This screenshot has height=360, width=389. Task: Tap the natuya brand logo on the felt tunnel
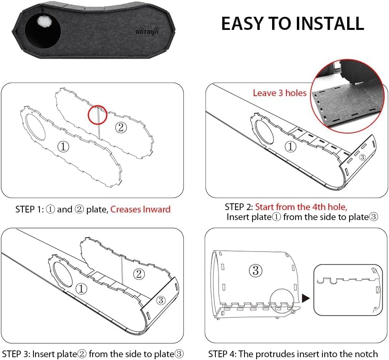tap(147, 31)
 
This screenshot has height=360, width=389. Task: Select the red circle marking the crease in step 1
tap(98, 114)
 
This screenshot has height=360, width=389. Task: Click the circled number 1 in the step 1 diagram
tap(63, 147)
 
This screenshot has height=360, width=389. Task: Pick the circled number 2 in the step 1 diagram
tap(121, 128)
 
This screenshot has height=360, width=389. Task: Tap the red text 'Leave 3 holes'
tap(280, 93)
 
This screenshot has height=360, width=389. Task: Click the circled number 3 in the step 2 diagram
tap(362, 157)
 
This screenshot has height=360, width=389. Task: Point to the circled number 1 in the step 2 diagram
tap(290, 147)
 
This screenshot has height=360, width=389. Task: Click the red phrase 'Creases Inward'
tap(140, 209)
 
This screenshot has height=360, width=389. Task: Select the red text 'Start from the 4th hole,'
tap(301, 207)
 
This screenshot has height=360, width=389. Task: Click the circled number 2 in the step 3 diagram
tap(139, 274)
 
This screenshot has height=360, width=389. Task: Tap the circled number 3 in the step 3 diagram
tap(161, 300)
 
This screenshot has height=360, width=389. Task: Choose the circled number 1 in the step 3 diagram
tap(81, 289)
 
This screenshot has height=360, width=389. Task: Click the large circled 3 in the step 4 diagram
tap(255, 270)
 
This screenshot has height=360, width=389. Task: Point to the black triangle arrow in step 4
tap(306, 298)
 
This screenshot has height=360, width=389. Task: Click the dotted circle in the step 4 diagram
tap(282, 301)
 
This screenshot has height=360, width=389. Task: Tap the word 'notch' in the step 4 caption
tap(366, 354)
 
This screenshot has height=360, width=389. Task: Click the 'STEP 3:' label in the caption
tap(16, 354)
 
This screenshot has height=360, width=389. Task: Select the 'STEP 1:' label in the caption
tap(30, 210)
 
